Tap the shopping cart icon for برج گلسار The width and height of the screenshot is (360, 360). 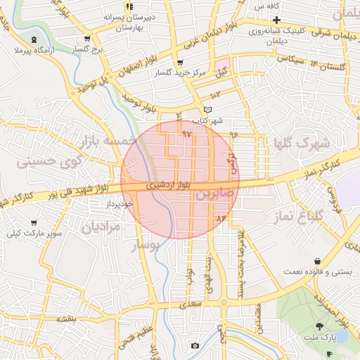tap(86, 39)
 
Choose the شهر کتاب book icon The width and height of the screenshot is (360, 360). tap(207, 110)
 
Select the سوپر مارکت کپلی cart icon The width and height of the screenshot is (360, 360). tap(34, 223)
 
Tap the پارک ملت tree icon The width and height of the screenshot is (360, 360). tap(321, 326)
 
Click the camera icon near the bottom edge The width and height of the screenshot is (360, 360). tap(195, 345)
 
